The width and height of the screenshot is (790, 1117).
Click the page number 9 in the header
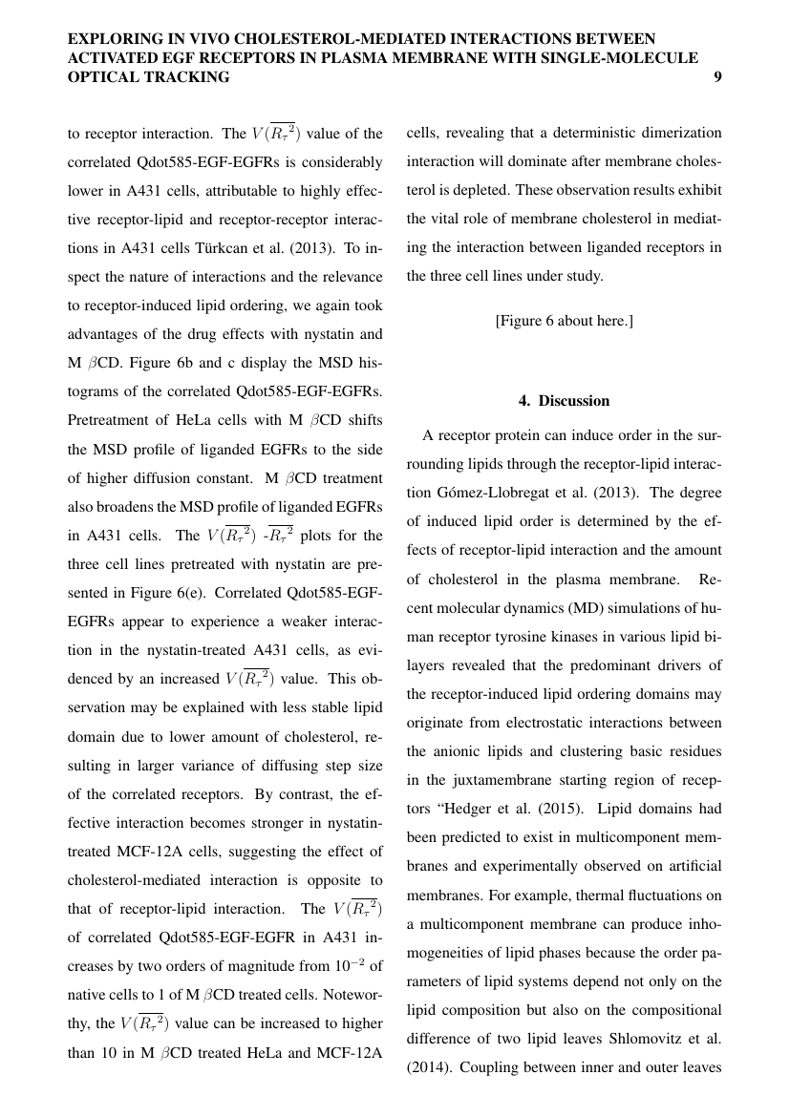coord(716,77)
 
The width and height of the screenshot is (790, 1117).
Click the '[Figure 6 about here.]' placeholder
coord(564,321)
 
